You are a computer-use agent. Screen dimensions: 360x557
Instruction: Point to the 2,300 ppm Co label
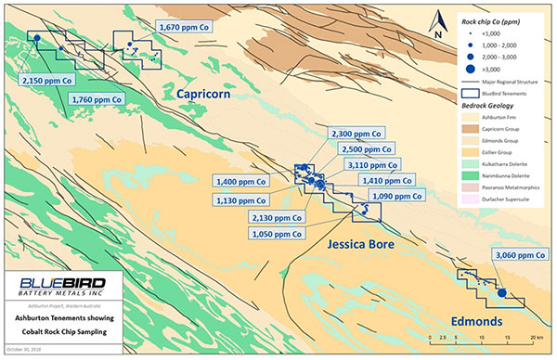coord(355,135)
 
